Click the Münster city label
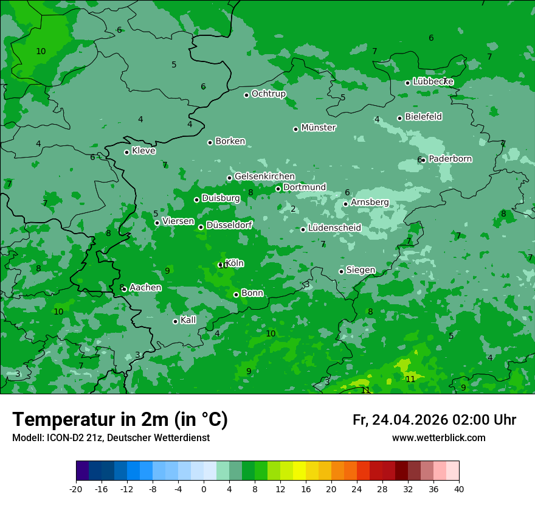point(319,128)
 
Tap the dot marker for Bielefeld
point(399,118)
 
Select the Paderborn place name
point(450,159)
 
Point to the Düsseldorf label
point(229,225)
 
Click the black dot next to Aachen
point(124,290)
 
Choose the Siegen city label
point(361,270)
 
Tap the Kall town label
point(188,320)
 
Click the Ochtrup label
point(268,94)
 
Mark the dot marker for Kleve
point(126,152)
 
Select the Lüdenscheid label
point(334,228)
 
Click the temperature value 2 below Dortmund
point(293,209)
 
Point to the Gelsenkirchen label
point(264,176)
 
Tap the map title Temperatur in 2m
point(120,419)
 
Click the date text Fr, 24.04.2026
point(400,420)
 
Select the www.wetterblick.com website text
point(438,438)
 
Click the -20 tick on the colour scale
point(76,489)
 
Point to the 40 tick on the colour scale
point(459,489)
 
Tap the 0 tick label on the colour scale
point(204,489)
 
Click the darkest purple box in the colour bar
point(83,471)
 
